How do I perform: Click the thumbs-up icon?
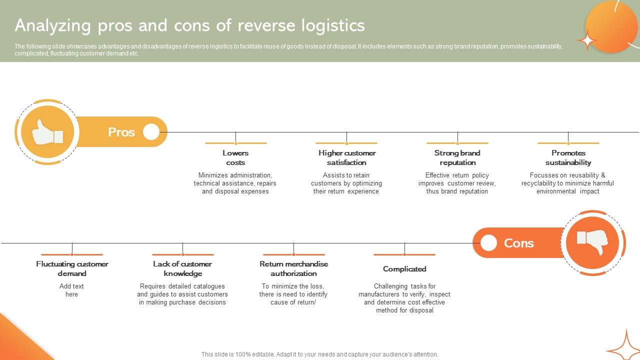click(47, 132)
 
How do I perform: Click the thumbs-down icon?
click(592, 243)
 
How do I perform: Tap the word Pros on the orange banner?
click(121, 132)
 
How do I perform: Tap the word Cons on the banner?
click(518, 243)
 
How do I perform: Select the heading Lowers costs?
click(235, 157)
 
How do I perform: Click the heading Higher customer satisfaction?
click(346, 157)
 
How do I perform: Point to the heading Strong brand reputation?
click(457, 157)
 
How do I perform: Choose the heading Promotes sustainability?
click(568, 157)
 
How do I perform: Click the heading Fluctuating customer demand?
click(72, 268)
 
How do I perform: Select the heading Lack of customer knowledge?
click(182, 268)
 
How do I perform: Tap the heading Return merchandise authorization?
click(293, 268)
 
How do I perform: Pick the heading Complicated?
click(404, 269)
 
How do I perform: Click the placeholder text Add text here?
click(71, 290)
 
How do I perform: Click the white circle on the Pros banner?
click(151, 132)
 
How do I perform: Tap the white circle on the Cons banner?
click(488, 243)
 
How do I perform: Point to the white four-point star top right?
click(587, 40)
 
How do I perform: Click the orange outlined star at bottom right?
click(624, 346)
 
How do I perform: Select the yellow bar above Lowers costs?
click(235, 143)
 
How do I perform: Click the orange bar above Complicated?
click(404, 254)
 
